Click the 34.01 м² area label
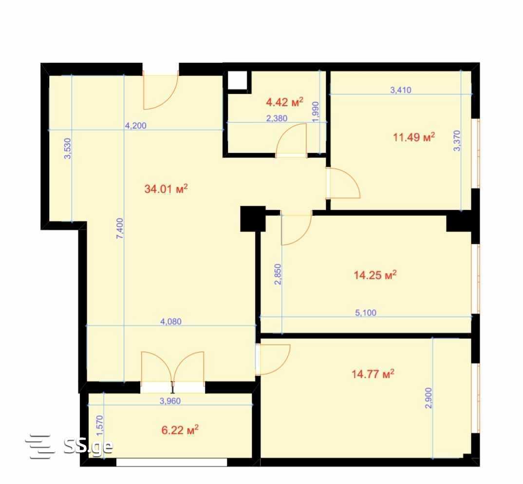(x=166, y=189)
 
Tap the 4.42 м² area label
(x=284, y=102)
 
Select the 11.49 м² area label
(x=414, y=137)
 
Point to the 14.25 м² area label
(x=375, y=275)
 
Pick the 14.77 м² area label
(x=373, y=374)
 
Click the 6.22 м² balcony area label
(x=180, y=430)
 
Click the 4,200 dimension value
(x=135, y=125)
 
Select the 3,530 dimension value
(x=67, y=149)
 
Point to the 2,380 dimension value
(x=277, y=118)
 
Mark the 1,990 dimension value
(x=316, y=112)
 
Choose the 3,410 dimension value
(x=401, y=90)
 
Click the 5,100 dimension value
(x=366, y=313)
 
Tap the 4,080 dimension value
(x=171, y=321)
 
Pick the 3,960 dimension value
(x=170, y=401)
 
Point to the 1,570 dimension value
(x=100, y=426)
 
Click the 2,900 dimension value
(x=429, y=398)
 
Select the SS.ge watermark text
(x=88, y=445)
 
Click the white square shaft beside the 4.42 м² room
(x=238, y=80)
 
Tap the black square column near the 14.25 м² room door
(x=253, y=219)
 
